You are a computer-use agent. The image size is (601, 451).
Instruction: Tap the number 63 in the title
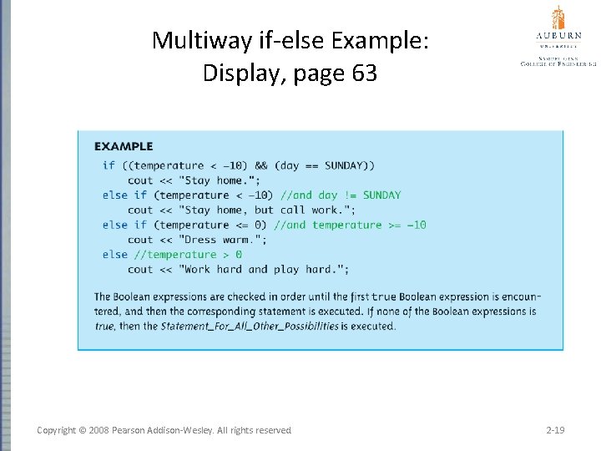pyautogui.click(x=365, y=73)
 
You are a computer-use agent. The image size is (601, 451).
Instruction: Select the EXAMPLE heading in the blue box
pyautogui.click(x=124, y=147)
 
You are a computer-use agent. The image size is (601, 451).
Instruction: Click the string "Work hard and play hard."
pyautogui.click(x=259, y=270)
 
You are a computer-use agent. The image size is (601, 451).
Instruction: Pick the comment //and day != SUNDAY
pyautogui.click(x=341, y=195)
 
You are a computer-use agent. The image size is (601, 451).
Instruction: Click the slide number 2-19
pyautogui.click(x=554, y=430)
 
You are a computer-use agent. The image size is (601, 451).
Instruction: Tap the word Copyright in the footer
pyautogui.click(x=62, y=430)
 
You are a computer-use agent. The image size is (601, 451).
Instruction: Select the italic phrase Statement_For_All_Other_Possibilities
pyautogui.click(x=250, y=326)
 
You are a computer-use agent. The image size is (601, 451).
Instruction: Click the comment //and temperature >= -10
pyautogui.click(x=350, y=225)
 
